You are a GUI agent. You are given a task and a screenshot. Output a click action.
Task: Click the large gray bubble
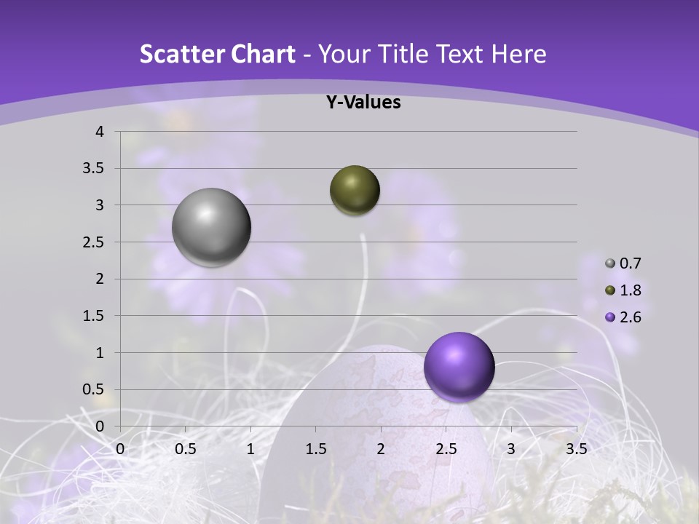pyautogui.click(x=211, y=227)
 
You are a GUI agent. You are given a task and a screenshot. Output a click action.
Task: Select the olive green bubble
pyautogui.click(x=355, y=190)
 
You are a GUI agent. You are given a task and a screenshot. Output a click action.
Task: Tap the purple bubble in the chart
pyautogui.click(x=459, y=367)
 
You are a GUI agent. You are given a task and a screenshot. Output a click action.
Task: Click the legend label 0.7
pyautogui.click(x=630, y=263)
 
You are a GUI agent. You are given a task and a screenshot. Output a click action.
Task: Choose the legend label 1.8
pyautogui.click(x=630, y=290)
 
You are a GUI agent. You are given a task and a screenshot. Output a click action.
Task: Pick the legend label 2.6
pyautogui.click(x=630, y=317)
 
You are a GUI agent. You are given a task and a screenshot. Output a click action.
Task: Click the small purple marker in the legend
pyautogui.click(x=610, y=317)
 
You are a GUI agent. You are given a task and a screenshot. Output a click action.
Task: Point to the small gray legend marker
pyautogui.click(x=610, y=263)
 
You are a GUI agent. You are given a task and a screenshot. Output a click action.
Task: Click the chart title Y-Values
pyautogui.click(x=363, y=103)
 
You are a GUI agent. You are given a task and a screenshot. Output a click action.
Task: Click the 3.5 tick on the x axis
pyautogui.click(x=576, y=448)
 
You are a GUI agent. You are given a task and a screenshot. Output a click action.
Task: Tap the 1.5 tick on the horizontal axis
pyautogui.click(x=315, y=448)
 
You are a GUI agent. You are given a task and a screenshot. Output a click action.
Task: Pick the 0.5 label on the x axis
pyautogui.click(x=185, y=448)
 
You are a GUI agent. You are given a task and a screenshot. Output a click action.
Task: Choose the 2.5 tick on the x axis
pyautogui.click(x=446, y=448)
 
